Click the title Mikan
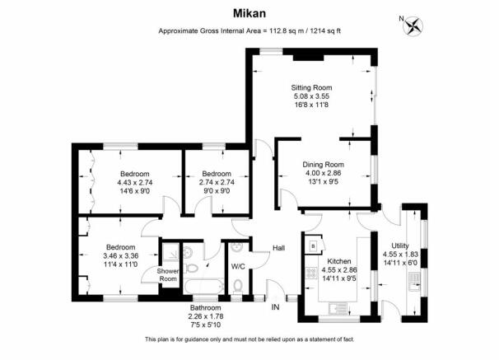[x=249, y=13]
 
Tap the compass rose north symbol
[x=413, y=26]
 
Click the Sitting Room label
[x=311, y=87]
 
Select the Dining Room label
[x=323, y=165]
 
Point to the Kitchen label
[x=339, y=261]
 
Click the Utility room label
[x=400, y=245]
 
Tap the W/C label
[x=238, y=266]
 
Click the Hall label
[x=279, y=248]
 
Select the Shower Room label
[x=168, y=275]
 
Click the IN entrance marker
[x=275, y=307]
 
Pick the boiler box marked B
[x=313, y=246]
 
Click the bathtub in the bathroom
[x=204, y=286]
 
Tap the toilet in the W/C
[x=238, y=287]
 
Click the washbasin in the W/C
[x=237, y=246]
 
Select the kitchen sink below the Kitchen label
[x=338, y=307]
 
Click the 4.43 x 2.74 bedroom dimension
[x=135, y=182]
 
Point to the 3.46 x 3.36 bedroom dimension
[x=121, y=255]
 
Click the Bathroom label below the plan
[x=206, y=308]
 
